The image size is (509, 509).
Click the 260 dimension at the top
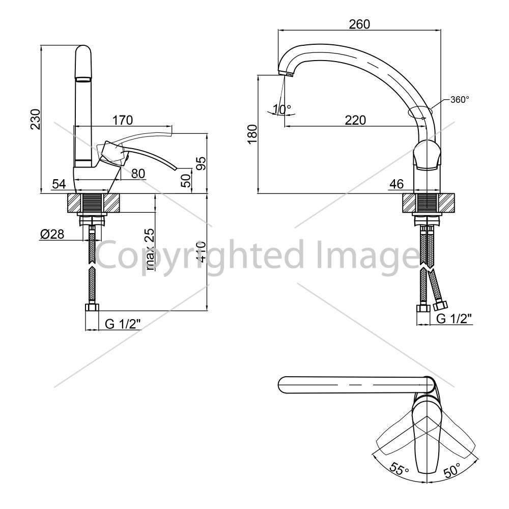click(x=359, y=24)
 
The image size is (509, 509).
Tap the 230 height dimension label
click(x=36, y=119)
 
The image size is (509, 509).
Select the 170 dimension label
click(x=123, y=120)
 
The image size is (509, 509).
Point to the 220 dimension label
click(x=355, y=120)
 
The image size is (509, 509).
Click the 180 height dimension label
click(x=252, y=134)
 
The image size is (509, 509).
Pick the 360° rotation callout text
click(x=460, y=100)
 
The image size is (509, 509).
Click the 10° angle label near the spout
click(x=281, y=109)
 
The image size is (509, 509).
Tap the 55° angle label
click(x=399, y=468)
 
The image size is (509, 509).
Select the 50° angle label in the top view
click(x=452, y=470)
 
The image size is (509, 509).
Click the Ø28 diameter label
click(x=52, y=234)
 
